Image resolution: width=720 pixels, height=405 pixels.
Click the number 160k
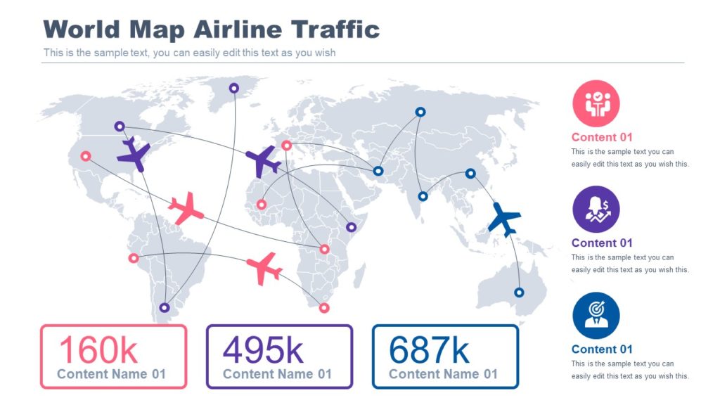98,349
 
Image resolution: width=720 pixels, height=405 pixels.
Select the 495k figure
264,349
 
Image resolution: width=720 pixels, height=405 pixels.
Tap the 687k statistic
430,349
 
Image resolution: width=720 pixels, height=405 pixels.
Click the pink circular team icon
596,103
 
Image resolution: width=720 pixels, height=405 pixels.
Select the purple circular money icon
596,209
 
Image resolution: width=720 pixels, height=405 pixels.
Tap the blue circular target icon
596,316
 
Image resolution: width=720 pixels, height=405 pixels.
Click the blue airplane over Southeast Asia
503,219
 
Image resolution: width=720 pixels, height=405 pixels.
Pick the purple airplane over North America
133,154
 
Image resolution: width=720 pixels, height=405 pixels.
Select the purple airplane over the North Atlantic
263,161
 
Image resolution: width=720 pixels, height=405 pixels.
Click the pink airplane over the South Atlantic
264,268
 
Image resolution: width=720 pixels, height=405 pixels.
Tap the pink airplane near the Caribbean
186,208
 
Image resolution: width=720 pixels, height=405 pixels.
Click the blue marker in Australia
519,292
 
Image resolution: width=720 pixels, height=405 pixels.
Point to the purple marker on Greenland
234,88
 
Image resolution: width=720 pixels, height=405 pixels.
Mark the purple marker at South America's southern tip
165,307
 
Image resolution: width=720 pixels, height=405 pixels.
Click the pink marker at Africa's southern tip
323,307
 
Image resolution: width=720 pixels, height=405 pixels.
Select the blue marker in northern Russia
420,112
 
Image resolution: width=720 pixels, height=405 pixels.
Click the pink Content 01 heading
602,137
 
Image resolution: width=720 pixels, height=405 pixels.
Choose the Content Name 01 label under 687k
443,374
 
